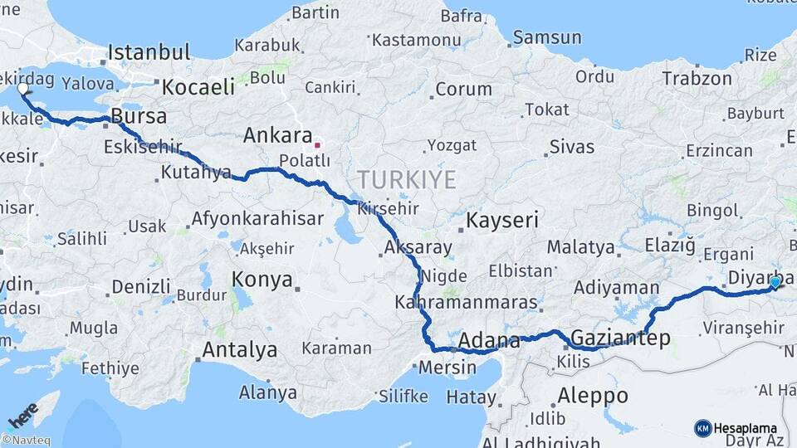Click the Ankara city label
pos(277,135)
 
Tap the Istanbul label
pos(149,52)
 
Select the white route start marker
pos(22,88)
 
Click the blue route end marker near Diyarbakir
pos(775,283)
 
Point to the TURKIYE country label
pos(407,180)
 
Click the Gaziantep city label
pos(621,338)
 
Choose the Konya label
pos(262,279)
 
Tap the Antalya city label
pos(239,350)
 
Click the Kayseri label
pos(502,221)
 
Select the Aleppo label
pos(593,395)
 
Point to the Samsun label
pos(547,37)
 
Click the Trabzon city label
pos(697,79)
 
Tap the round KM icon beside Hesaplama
pos(702,428)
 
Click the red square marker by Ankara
pos(317,145)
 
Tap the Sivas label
pos(571,147)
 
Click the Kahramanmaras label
pos(466,302)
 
